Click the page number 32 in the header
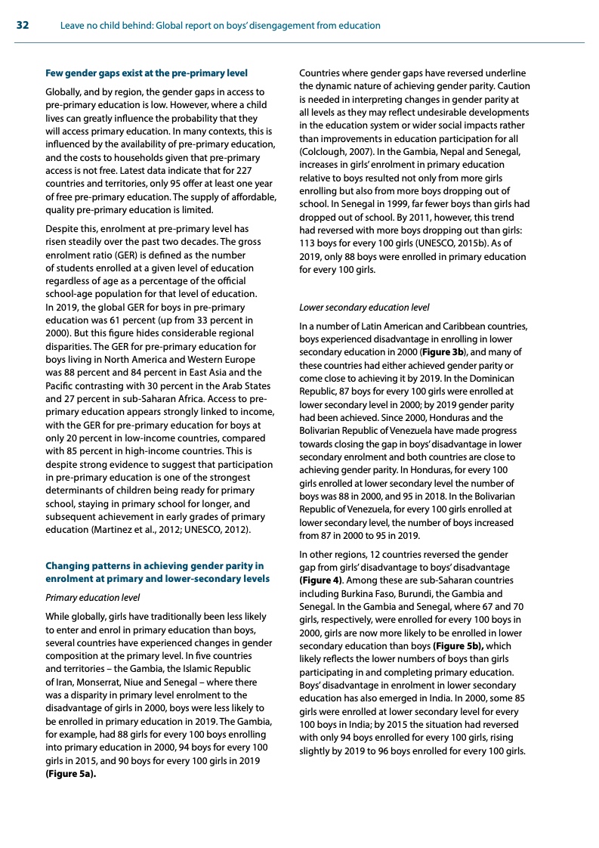click(x=22, y=26)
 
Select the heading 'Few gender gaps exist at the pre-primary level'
click(x=147, y=73)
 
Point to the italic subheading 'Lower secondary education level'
click(x=364, y=308)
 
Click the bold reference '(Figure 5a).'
click(x=71, y=773)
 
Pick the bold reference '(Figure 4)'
click(x=321, y=580)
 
